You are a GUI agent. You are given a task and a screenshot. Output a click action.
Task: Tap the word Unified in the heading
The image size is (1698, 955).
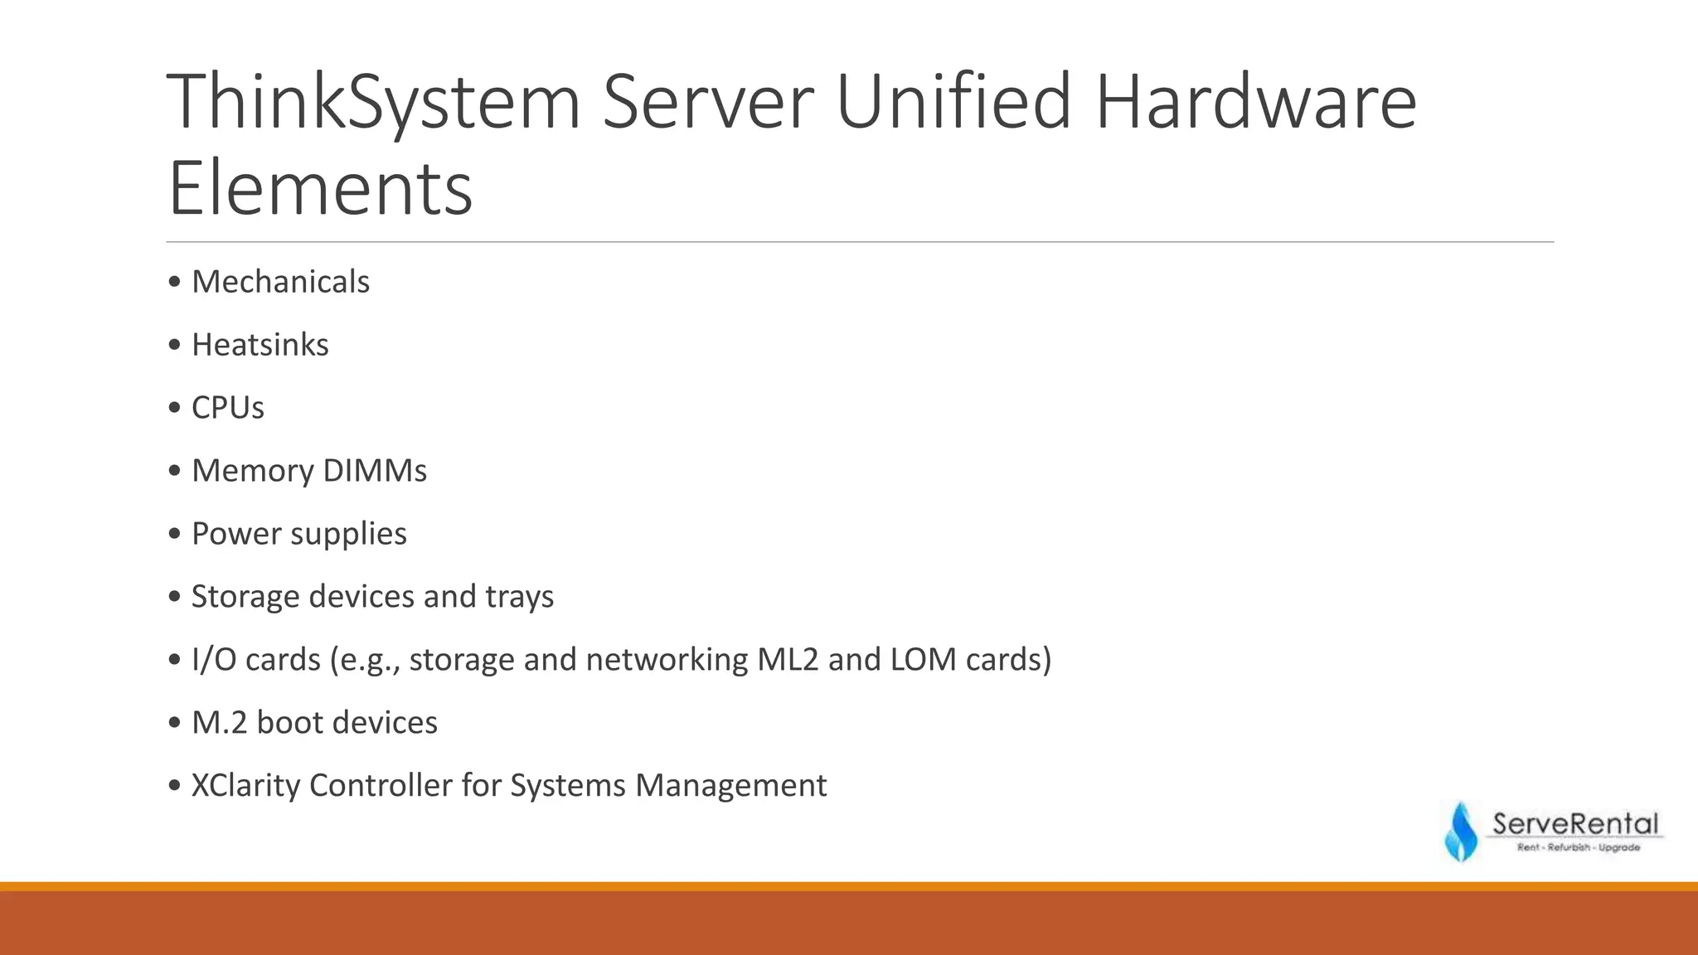point(953,101)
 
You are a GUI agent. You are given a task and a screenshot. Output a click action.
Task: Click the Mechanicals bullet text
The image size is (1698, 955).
point(280,282)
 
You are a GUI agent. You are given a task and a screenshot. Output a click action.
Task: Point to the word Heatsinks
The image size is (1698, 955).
point(260,345)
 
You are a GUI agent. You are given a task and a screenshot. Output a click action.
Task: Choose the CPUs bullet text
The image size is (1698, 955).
point(227,408)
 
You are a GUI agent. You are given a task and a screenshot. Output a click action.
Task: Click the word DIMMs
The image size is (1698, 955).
point(374,471)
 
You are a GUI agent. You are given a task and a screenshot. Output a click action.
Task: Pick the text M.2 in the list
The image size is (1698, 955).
point(219,723)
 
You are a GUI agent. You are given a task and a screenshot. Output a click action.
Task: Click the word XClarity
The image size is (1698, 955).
point(245,786)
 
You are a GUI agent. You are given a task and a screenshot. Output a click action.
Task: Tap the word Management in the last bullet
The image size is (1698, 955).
point(730,786)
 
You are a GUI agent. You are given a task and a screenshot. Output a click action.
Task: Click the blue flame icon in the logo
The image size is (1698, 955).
point(1461,832)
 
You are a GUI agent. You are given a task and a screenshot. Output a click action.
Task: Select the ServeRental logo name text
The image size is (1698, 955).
point(1574,824)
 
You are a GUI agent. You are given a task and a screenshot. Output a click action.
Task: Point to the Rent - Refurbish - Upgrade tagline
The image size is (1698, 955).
point(1578,847)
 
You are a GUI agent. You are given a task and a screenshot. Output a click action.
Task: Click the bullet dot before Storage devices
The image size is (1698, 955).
point(174,597)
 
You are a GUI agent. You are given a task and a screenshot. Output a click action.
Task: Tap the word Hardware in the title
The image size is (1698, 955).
point(1255,101)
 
